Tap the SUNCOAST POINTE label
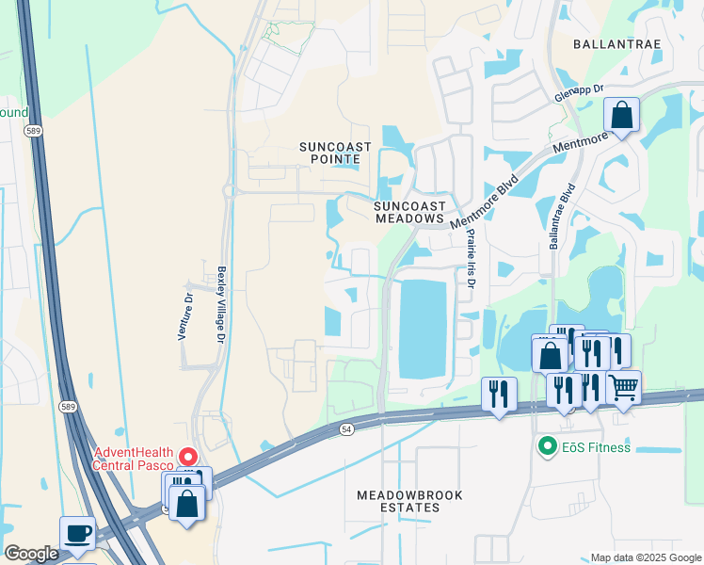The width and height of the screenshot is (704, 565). tap(335, 153)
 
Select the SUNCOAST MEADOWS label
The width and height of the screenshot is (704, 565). tap(408, 212)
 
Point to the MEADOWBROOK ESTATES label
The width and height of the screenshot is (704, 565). tap(398, 501)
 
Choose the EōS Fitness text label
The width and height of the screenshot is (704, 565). tap(596, 447)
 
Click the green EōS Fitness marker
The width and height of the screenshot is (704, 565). tap(545, 447)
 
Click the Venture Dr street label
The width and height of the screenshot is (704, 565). tap(186, 315)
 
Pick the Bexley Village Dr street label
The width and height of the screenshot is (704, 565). tap(222, 302)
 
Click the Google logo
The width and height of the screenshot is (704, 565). tap(31, 554)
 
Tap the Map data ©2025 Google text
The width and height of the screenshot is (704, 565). tap(647, 557)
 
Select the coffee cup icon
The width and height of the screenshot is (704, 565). tap(77, 533)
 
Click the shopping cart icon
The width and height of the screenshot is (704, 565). tap(623, 386)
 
